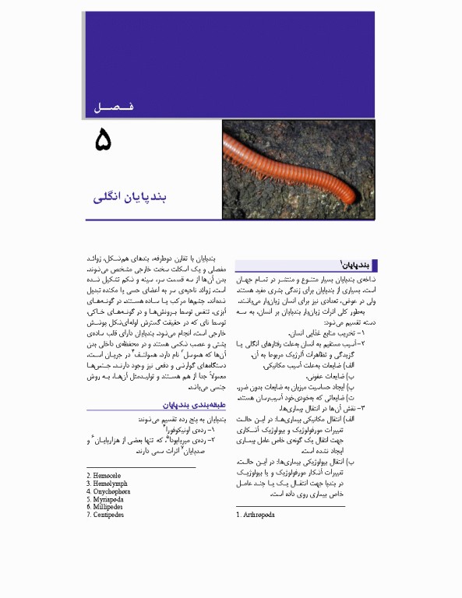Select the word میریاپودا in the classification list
pyautogui.click(x=191, y=439)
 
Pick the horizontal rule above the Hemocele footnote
pyautogui.click(x=141, y=467)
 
